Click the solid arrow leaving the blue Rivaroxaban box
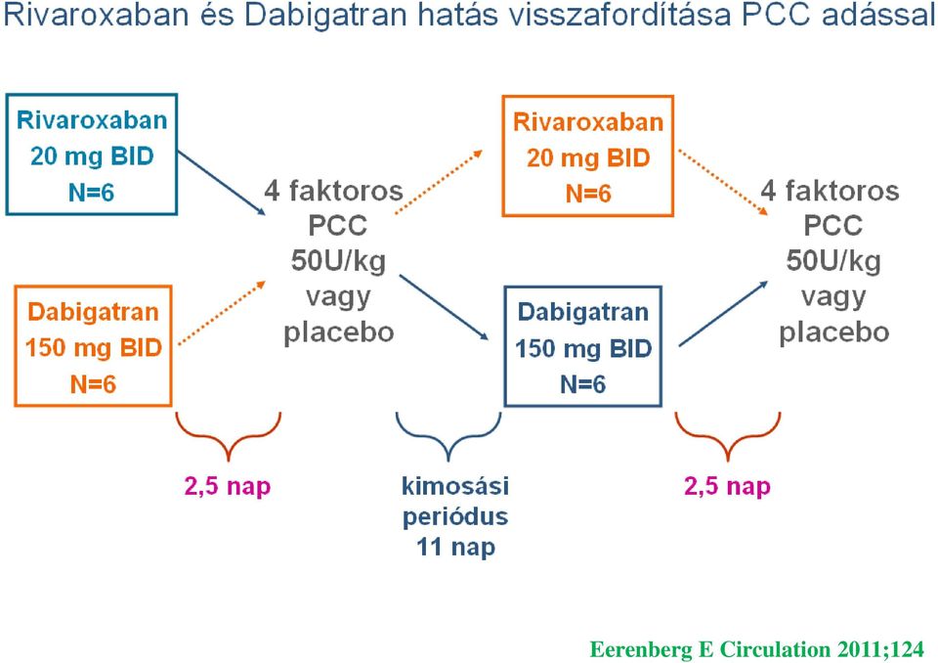point(222,183)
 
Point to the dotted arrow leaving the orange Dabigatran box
point(222,312)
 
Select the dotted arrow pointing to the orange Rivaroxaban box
point(439,182)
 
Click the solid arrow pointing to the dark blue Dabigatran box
point(444,308)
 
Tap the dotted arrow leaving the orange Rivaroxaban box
point(723,182)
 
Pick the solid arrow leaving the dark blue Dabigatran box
point(723,314)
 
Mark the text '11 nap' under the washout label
point(456,547)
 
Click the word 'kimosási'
point(455,485)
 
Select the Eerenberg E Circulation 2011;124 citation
point(756,649)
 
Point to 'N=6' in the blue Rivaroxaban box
point(92,193)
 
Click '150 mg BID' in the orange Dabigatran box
point(94,347)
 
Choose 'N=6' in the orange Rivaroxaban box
point(588,194)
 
